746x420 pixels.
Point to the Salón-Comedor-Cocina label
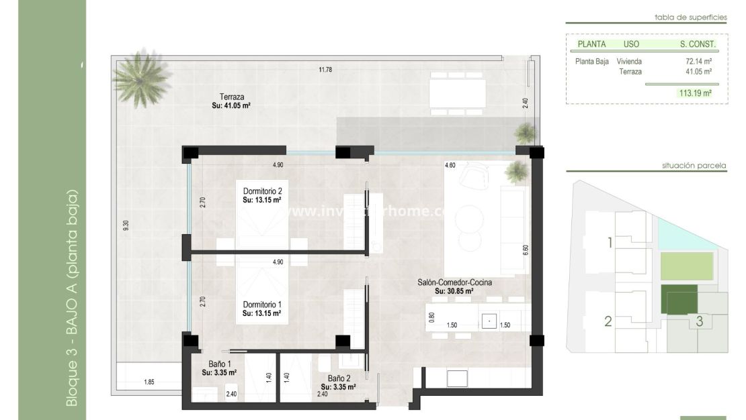[x=454, y=282]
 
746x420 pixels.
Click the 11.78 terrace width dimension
[x=326, y=69]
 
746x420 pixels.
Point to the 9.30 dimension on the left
[x=125, y=226]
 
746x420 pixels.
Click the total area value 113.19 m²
[x=695, y=94]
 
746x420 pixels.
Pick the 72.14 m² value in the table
[x=698, y=61]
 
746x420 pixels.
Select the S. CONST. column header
[x=698, y=44]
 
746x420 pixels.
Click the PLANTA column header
[x=591, y=44]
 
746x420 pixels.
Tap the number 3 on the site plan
[x=699, y=321]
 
